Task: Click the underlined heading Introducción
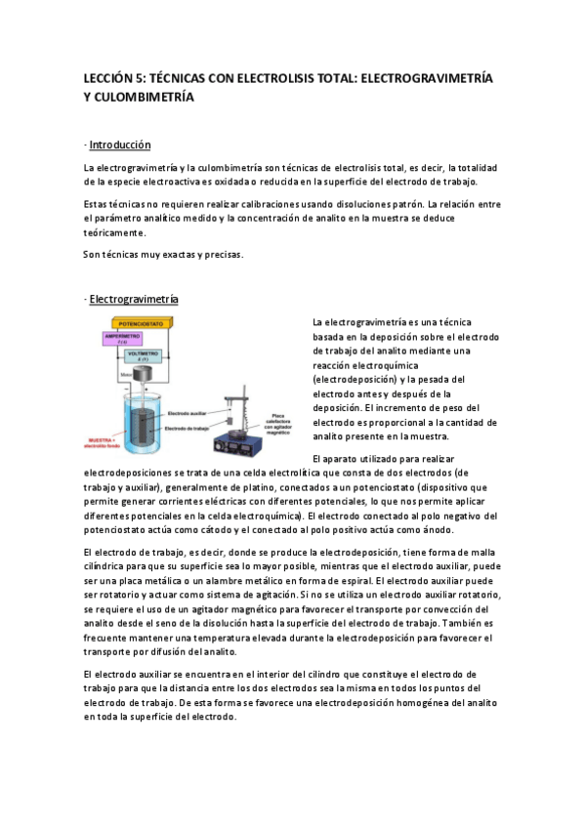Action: (x=119, y=145)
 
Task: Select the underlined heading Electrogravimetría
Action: (x=134, y=298)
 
